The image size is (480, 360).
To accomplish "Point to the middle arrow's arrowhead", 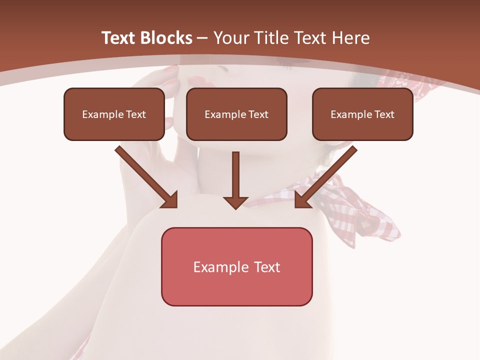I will tap(236, 202).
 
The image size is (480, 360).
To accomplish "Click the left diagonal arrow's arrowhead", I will tap(170, 200).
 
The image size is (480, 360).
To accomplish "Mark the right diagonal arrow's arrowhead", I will tap(302, 200).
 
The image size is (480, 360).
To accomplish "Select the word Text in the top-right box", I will tap(383, 114).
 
